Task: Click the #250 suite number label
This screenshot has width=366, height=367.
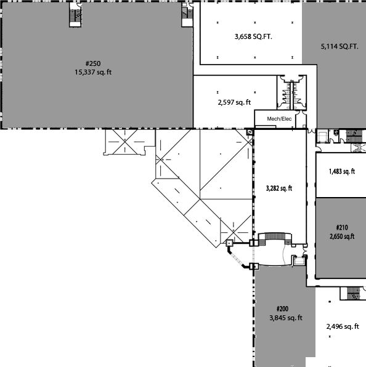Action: tap(93, 63)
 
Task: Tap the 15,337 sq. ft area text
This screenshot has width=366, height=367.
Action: tap(93, 72)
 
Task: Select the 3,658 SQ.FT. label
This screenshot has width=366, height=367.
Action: tap(253, 37)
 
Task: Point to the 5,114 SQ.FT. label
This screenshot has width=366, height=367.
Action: tap(340, 47)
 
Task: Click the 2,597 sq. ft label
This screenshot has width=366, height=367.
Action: tap(234, 102)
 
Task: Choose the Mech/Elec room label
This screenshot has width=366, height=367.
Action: tap(279, 119)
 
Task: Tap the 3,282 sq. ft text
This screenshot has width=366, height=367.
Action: tap(279, 188)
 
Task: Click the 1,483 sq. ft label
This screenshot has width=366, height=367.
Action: tap(342, 172)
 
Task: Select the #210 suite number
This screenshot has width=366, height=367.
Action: tap(342, 227)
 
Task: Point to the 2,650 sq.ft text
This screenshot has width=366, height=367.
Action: tap(342, 236)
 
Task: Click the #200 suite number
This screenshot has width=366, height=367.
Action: tap(282, 309)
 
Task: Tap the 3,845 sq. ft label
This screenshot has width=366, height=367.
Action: tap(286, 318)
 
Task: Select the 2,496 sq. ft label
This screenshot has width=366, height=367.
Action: tap(343, 326)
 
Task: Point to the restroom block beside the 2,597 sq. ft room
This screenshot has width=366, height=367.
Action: tap(291, 92)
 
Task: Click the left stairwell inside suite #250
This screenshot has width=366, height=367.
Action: tap(75, 15)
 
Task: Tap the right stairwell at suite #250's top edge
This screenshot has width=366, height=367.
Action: tap(187, 15)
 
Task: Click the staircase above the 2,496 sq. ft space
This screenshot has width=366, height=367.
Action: tap(353, 294)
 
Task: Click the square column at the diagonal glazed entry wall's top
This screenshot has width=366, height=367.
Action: tap(229, 243)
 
